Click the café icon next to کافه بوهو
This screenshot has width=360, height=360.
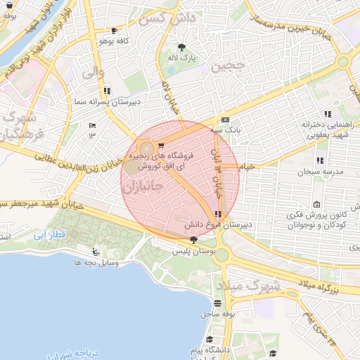[115, 31]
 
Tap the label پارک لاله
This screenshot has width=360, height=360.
[182, 58]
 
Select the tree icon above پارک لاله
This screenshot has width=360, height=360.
[182, 47]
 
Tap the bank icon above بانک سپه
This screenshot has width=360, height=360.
[225, 120]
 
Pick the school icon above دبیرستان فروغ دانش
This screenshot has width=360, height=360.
[219, 214]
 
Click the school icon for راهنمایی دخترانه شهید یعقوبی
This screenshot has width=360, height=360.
[328, 113]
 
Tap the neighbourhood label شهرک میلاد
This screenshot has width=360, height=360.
[247, 285]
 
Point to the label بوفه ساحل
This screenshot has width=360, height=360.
[218, 314]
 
